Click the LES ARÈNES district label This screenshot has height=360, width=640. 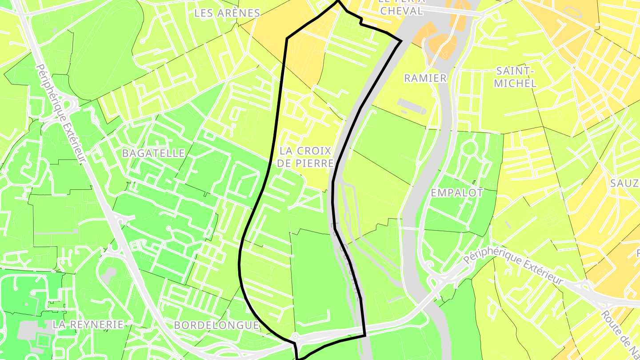click(x=227, y=13)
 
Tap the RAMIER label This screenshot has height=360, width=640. click(x=425, y=78)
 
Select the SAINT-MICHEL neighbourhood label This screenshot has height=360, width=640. click(x=515, y=77)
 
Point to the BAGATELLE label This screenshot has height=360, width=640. click(x=153, y=153)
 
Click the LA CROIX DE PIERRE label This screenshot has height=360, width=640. click(x=305, y=157)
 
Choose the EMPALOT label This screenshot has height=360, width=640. click(x=457, y=193)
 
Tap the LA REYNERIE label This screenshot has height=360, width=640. click(x=88, y=324)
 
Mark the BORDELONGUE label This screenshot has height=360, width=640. click(x=216, y=325)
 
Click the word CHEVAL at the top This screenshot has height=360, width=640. click(x=402, y=11)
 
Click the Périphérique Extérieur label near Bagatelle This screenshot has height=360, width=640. click(x=60, y=113)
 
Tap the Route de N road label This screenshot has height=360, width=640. click(x=620, y=333)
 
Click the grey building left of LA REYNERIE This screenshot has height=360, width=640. click(x=31, y=331)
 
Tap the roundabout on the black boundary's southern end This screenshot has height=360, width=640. click(x=295, y=336)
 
